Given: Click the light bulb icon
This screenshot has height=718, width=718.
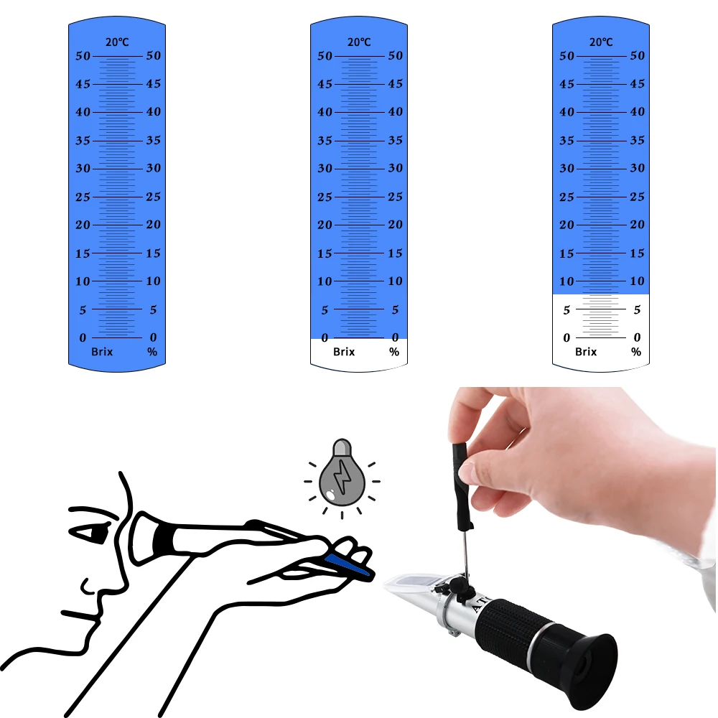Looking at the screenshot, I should click(342, 477).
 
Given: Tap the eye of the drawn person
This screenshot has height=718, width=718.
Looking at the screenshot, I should click(92, 533).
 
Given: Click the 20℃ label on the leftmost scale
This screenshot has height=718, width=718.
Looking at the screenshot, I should click(117, 42).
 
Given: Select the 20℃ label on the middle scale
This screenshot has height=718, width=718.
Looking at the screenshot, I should click(359, 42).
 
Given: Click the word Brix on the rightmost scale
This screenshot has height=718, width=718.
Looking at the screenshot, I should click(586, 352).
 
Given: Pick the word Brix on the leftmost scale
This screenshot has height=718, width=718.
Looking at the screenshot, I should click(102, 352).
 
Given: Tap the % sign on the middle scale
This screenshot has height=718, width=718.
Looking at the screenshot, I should click(394, 352).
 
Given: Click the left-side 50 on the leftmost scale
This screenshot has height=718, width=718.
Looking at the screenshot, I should click(84, 56).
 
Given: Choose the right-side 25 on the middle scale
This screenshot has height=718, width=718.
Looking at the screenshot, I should click(395, 197).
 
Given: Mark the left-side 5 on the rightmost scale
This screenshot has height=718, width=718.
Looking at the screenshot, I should click(567, 310).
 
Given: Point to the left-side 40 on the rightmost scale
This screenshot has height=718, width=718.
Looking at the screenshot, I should click(567, 112).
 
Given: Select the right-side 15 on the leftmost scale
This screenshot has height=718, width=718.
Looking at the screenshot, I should click(153, 253).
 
